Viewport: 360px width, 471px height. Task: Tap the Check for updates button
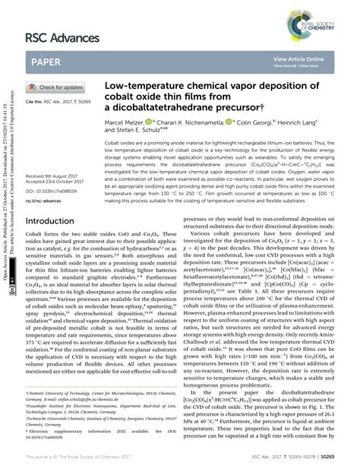(x=58, y=87)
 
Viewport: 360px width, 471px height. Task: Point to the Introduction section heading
(x=56, y=221)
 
